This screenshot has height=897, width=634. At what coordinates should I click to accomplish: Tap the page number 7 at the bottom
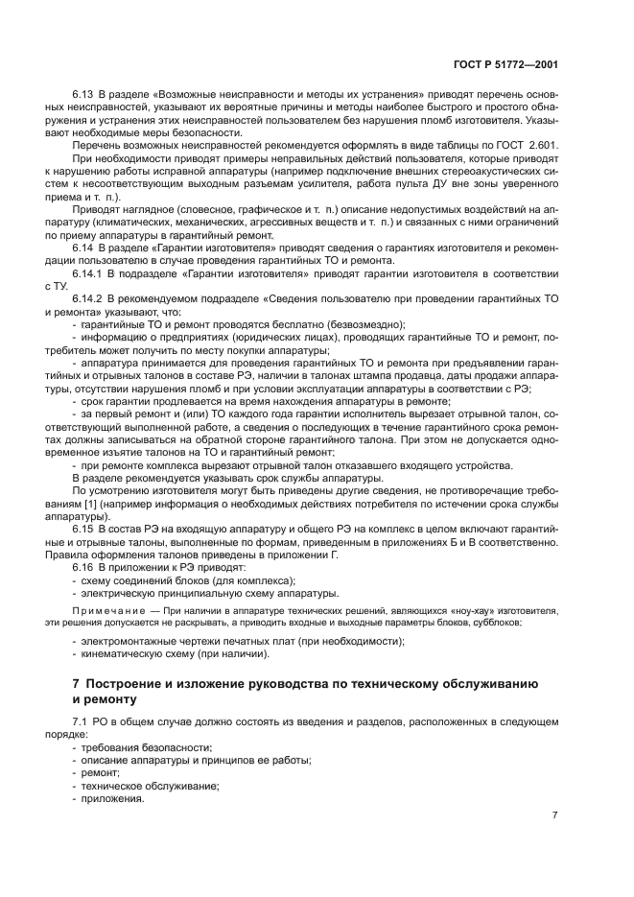coord(555,815)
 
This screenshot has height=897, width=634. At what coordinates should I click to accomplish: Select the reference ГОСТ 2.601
coord(528,144)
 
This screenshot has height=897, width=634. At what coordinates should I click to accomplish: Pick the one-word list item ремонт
coord(101,772)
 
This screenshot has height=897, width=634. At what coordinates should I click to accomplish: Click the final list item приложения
coord(113,798)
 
